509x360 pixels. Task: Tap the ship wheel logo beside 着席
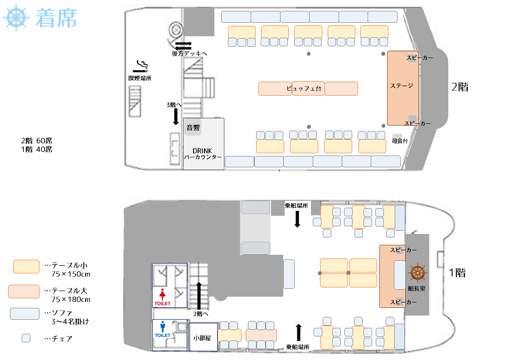pyautogui.click(x=16, y=18)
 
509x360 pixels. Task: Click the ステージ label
pyautogui.click(x=402, y=86)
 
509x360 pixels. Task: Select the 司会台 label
pyautogui.click(x=400, y=141)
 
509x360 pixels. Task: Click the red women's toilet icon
pyautogui.click(x=162, y=294)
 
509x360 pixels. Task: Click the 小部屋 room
pyautogui.click(x=202, y=337)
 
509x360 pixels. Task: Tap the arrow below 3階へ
pyautogui.click(x=175, y=117)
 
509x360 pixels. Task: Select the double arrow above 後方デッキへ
pyautogui.click(x=184, y=45)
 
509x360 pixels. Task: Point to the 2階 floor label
pyautogui.click(x=460, y=87)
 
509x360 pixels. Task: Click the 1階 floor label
pyautogui.click(x=457, y=272)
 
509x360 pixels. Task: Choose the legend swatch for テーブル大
pyautogui.click(x=26, y=291)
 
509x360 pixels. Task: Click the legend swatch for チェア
pyautogui.click(x=26, y=338)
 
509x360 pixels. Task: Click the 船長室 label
pyautogui.click(x=416, y=288)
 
